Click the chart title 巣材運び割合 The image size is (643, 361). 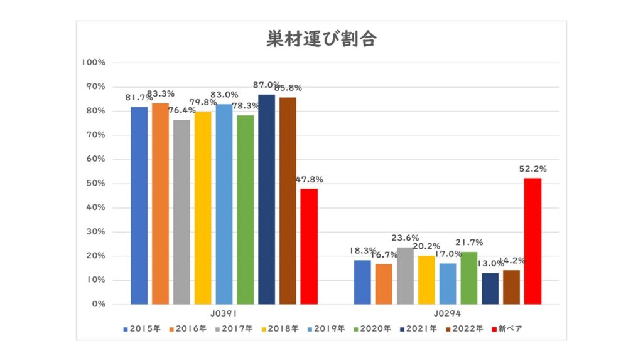[x=321, y=39]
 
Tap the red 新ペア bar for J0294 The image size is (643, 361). [x=532, y=241]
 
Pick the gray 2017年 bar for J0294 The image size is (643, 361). [x=405, y=276]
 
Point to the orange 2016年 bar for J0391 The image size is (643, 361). [x=160, y=204]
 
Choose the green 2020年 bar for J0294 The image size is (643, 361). [x=468, y=278]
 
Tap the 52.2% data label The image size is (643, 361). [x=532, y=169]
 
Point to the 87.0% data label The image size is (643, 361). [x=267, y=85]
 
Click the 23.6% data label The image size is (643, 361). [x=405, y=238]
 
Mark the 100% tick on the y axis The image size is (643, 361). [x=94, y=63]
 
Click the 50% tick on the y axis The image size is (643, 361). [x=96, y=184]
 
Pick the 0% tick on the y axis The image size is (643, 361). [x=99, y=305]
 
